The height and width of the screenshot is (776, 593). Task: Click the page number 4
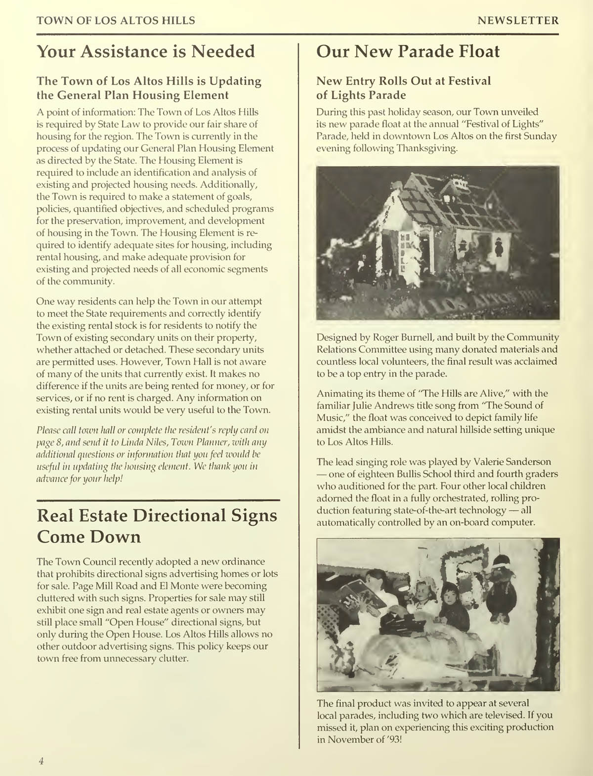point(42,761)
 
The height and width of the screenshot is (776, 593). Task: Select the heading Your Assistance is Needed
point(146,51)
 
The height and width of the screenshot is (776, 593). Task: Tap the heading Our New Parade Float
point(408,51)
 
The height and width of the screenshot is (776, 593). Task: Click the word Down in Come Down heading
point(117,537)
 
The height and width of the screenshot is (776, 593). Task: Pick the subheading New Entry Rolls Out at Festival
point(404,81)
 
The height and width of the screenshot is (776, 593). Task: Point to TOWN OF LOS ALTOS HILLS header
point(116,21)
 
